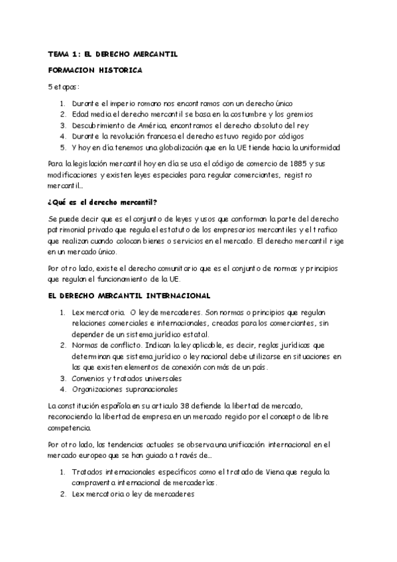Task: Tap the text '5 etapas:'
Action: coord(64,86)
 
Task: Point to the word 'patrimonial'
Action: coord(69,229)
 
